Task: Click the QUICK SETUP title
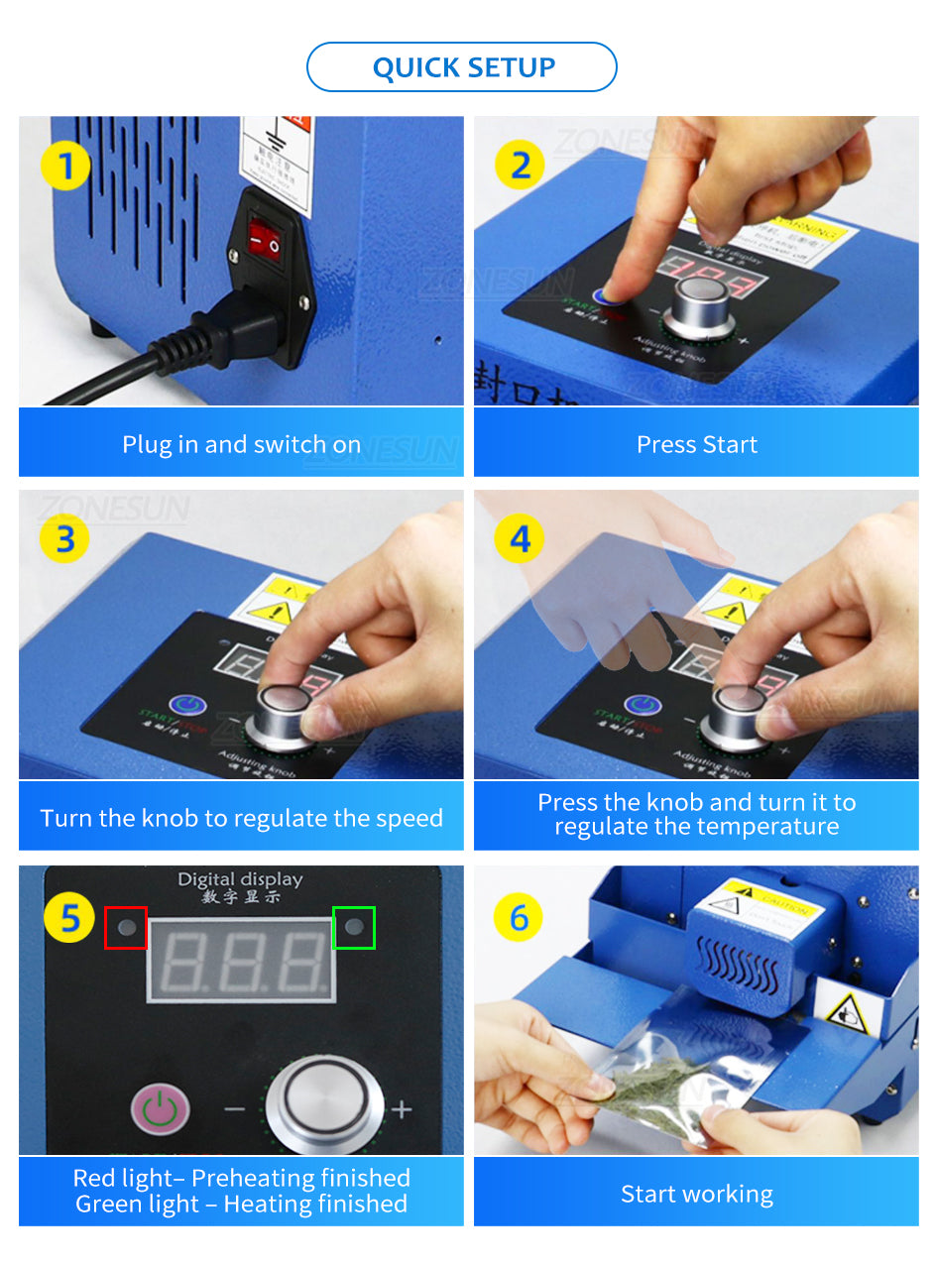tap(462, 67)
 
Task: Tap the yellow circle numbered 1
tap(65, 165)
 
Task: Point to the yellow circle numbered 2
tap(520, 165)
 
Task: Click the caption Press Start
tap(696, 444)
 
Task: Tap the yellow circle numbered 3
tap(65, 539)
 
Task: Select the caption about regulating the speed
tap(241, 818)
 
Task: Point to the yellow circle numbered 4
tap(520, 539)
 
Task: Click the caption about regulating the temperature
tap(696, 815)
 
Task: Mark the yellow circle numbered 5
tap(69, 918)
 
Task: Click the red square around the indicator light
tap(126, 928)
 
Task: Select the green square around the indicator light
tap(354, 928)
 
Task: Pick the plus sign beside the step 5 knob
tap(402, 1108)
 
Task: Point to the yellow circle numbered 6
tap(520, 918)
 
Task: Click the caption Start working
tap(696, 1195)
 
